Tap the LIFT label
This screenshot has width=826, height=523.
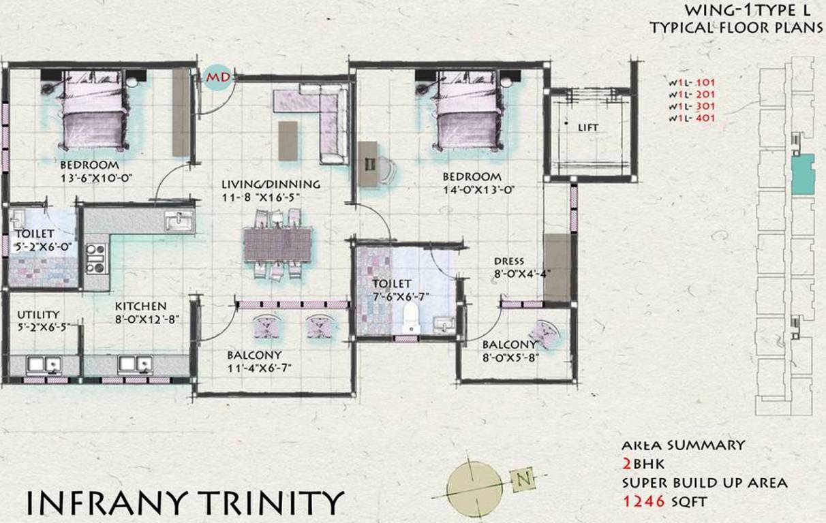tap(588, 127)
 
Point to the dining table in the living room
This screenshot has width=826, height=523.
tap(277, 244)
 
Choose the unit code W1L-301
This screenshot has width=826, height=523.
tap(691, 107)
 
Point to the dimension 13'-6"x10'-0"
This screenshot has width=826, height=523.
tap(90, 178)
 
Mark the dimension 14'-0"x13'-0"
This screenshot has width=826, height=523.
tap(476, 190)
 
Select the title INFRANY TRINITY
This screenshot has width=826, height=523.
tap(184, 502)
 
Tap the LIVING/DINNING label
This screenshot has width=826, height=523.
tap(271, 184)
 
